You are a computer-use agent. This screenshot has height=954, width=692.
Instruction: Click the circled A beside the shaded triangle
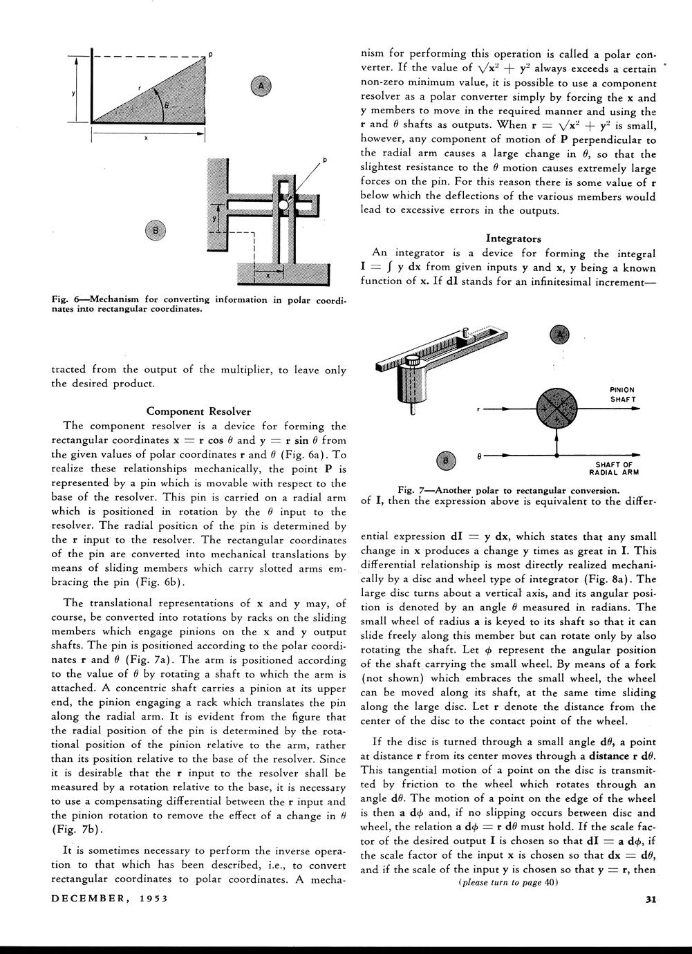[261, 86]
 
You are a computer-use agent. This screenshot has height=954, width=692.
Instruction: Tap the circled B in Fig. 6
[156, 230]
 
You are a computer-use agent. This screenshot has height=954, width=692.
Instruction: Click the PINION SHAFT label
[622, 395]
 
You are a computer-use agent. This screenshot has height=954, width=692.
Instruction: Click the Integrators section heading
[513, 238]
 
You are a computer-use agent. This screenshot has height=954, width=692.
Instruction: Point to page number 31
[650, 899]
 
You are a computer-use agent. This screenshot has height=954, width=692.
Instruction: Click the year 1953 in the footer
[150, 899]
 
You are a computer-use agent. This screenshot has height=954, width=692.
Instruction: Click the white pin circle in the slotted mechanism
[283, 205]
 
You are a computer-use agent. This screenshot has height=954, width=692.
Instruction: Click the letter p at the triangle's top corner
[210, 53]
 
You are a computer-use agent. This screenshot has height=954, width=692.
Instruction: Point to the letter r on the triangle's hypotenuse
[139, 88]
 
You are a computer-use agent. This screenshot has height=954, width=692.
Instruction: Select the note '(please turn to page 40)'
[508, 883]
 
